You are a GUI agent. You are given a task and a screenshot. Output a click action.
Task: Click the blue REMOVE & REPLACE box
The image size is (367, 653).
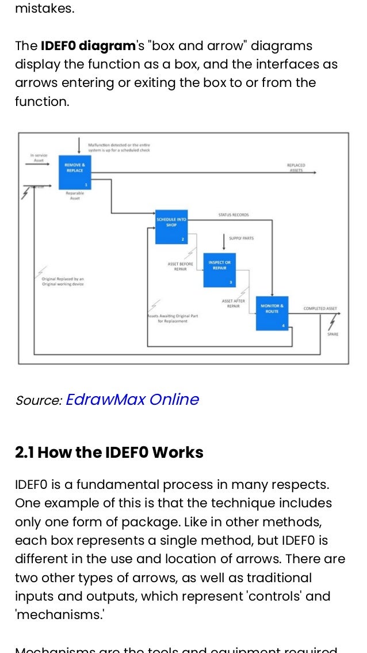tap(74, 173)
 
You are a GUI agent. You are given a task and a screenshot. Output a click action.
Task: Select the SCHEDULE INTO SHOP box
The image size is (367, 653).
tap(171, 226)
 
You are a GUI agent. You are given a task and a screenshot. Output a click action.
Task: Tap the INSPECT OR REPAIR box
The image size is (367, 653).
tap(219, 271)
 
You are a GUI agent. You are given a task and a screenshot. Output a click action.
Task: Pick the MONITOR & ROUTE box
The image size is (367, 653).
tap(272, 313)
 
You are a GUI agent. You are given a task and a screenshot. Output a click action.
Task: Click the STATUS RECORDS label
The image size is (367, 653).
tap(234, 215)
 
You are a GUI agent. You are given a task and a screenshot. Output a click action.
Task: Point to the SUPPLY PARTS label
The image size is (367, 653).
tap(241, 238)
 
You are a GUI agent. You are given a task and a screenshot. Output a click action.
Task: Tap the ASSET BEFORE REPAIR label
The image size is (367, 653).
tap(180, 266)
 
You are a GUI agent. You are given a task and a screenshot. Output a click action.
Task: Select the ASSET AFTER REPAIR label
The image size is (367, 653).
tap(233, 303)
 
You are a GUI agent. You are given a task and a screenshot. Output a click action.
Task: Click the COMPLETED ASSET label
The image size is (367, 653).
tap(320, 309)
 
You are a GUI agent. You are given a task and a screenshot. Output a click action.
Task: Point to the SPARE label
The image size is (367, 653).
tap(332, 334)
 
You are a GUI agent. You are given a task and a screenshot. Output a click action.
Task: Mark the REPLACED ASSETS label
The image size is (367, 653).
tap(296, 168)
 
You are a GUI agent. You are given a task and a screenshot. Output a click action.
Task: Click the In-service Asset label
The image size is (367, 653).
tap(39, 158)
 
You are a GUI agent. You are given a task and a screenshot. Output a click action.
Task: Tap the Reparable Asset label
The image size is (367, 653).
tap(75, 196)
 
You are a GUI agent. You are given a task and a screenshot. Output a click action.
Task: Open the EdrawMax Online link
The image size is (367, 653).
tap(132, 400)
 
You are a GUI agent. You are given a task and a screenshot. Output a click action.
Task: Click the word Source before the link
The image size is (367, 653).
tap(38, 401)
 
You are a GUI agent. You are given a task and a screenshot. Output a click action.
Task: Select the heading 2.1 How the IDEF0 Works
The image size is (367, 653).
tap(109, 453)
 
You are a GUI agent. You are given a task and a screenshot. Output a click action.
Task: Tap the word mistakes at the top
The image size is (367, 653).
tap(45, 9)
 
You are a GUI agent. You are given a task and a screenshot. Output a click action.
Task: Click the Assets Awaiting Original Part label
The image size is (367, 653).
tap(173, 318)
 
